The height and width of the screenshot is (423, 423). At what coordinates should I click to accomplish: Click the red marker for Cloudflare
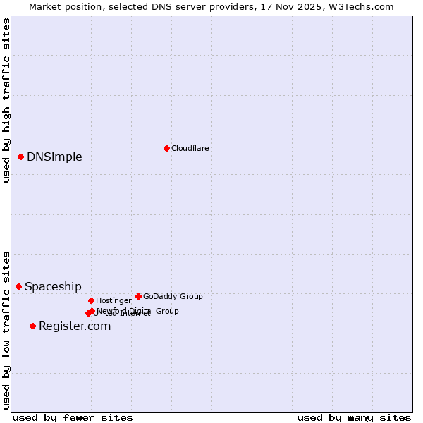166,148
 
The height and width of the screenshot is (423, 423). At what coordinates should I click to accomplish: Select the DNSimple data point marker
21,157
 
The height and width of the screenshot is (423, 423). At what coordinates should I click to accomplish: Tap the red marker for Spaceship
19,286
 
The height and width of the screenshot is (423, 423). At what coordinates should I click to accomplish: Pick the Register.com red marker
32,326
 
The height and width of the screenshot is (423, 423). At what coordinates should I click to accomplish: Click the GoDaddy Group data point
138,296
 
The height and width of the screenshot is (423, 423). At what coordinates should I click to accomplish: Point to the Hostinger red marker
91,300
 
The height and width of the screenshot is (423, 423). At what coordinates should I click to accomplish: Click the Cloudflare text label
190,148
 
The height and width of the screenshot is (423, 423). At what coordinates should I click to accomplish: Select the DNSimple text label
54,157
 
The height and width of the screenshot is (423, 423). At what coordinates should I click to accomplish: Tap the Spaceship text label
53,286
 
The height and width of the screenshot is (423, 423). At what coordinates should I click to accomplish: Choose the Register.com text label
75,326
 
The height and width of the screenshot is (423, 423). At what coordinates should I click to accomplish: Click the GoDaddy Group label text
173,296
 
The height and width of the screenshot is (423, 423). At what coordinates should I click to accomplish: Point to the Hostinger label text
114,300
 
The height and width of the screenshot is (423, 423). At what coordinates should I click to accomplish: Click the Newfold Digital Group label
138,310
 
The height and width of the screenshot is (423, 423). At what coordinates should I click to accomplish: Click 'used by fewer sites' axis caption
73,417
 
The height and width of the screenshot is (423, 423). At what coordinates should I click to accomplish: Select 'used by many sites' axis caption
354,417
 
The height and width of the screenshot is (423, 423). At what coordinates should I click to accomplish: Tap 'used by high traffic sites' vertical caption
6,100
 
